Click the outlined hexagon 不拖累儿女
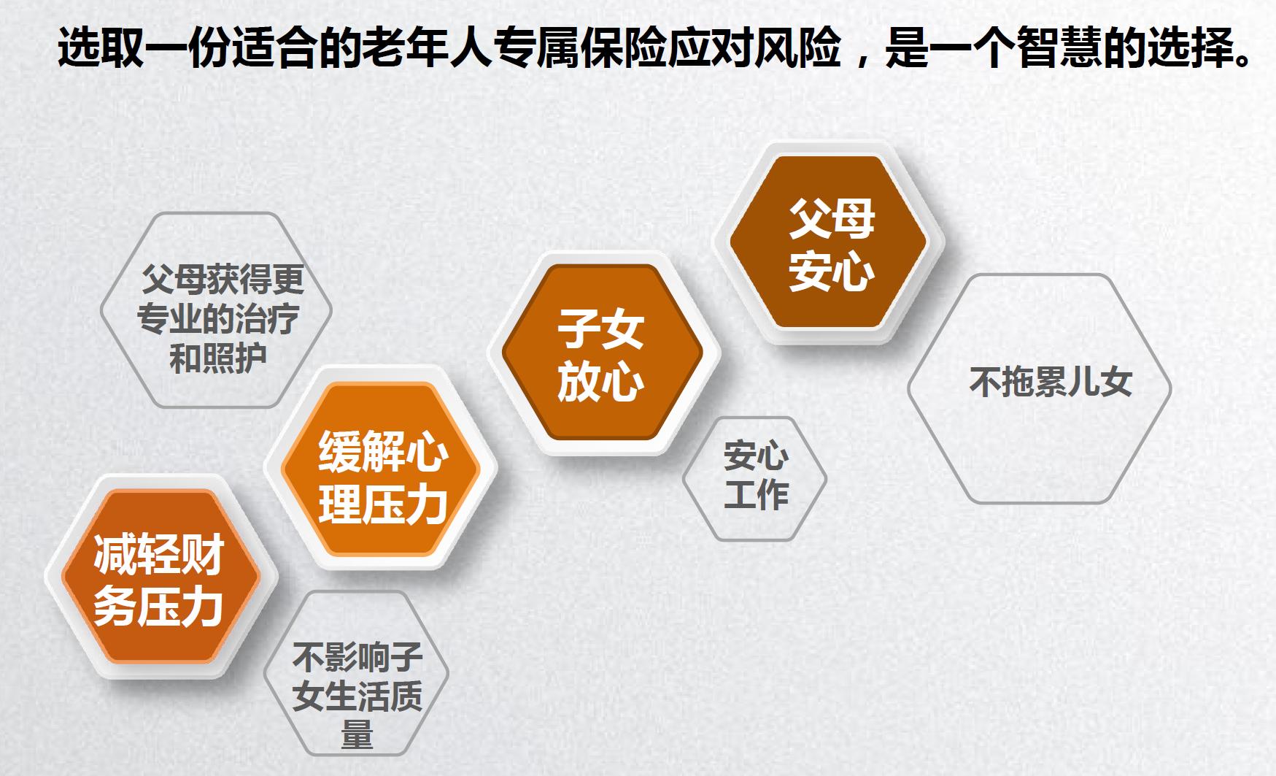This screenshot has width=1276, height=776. tap(1040, 388)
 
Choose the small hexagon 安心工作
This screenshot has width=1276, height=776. tap(755, 478)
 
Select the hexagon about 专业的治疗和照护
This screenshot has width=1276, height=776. tap(217, 310)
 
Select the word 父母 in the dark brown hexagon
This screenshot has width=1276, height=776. tap(832, 218)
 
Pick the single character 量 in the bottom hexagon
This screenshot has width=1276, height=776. tap(357, 734)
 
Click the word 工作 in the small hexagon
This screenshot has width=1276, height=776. tap(756, 494)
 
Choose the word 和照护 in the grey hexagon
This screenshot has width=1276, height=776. tap(217, 358)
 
